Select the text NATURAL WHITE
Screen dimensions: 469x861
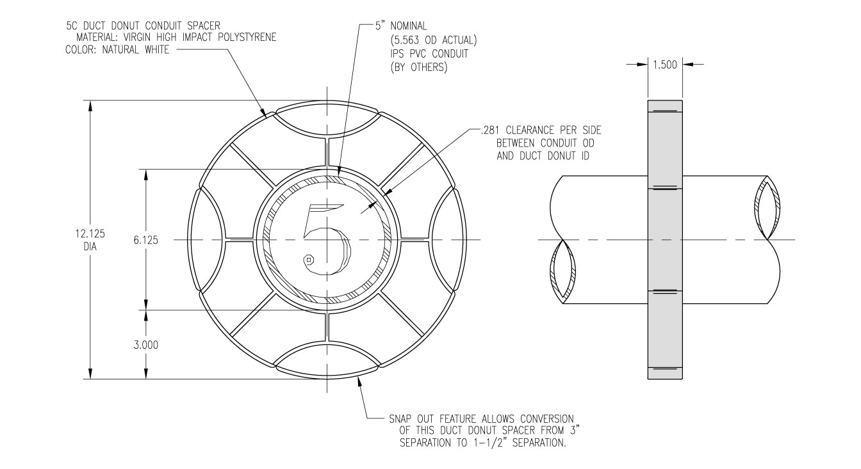click(x=138, y=51)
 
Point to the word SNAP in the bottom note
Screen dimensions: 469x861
click(x=400, y=419)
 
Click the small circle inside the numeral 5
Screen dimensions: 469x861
click(x=309, y=259)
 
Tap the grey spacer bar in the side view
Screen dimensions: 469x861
click(x=666, y=240)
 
